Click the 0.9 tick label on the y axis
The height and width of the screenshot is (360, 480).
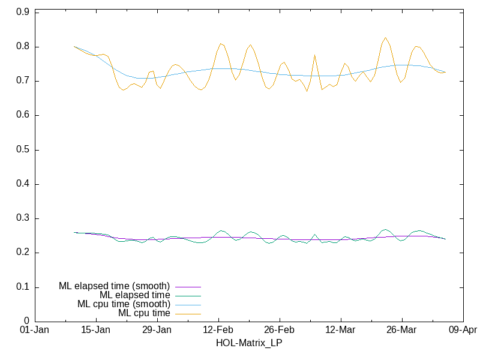click(22, 13)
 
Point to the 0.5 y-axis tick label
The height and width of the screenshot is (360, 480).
click(22, 150)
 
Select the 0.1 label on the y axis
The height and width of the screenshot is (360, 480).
click(22, 287)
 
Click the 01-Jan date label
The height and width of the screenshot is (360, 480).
click(35, 331)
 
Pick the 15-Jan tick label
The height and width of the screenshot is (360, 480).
click(96, 331)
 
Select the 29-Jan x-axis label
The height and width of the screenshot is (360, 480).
click(157, 331)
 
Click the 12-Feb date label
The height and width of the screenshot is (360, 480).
click(218, 331)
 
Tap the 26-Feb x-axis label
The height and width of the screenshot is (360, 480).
click(280, 331)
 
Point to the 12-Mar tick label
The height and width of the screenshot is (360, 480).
click(340, 331)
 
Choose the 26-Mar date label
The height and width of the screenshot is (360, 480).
click(401, 331)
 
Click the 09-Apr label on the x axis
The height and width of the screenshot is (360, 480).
click(463, 331)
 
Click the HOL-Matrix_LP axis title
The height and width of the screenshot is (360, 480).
click(249, 343)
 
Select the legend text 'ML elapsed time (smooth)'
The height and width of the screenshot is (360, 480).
click(114, 286)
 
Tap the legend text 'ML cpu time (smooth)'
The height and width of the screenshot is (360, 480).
click(124, 304)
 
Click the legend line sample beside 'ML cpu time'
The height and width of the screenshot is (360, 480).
click(187, 313)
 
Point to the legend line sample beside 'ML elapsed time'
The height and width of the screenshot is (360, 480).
click(187, 295)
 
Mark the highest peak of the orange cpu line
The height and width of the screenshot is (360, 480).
click(385, 38)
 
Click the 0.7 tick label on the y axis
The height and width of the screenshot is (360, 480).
click(22, 81)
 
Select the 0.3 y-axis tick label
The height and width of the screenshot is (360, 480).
click(22, 218)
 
